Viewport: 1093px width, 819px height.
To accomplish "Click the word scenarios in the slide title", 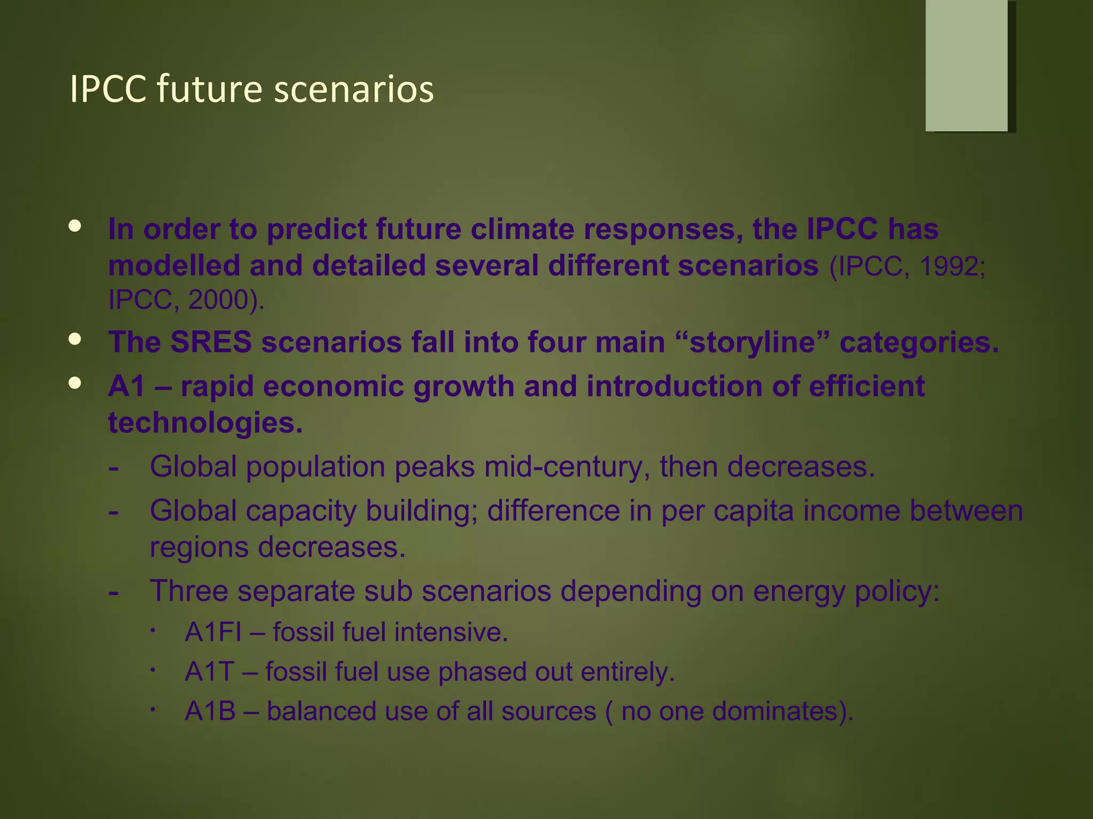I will point(354,90).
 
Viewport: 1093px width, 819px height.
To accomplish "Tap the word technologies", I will point(205,423).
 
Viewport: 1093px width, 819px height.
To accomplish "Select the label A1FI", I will point(213,632).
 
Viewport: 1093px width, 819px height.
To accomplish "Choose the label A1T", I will point(209,672).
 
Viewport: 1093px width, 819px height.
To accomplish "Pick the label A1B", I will point(210,711).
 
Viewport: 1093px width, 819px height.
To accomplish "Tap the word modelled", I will point(174,266).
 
